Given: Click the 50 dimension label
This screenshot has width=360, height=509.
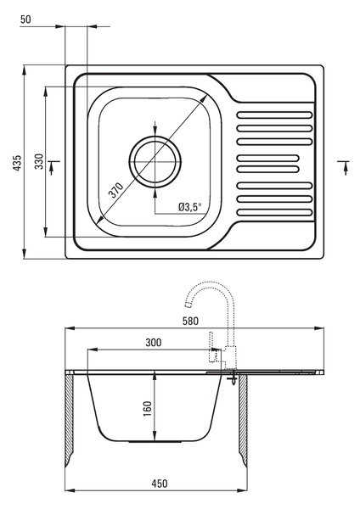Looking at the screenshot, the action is click(25, 20).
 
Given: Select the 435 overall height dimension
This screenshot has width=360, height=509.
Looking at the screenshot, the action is click(17, 163).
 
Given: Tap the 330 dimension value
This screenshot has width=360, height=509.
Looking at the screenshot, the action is click(39, 161).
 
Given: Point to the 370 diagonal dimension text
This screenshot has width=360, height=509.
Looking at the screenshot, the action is click(116, 190).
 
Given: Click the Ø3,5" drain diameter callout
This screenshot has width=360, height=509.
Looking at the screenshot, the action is click(190, 207).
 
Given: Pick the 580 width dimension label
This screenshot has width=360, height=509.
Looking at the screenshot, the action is click(190, 321).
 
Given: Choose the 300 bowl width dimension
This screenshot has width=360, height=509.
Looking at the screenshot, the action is click(154, 343).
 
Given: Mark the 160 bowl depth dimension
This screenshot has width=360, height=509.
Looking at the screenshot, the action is click(148, 409).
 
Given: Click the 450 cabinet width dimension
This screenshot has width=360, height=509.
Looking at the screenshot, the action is click(160, 484).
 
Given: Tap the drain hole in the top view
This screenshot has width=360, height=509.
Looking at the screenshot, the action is click(155, 162).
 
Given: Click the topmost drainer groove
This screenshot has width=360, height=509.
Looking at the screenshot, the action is click(274, 115).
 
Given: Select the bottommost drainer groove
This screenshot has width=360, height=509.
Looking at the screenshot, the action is click(274, 213).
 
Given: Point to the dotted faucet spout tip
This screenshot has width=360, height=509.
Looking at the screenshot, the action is click(188, 305).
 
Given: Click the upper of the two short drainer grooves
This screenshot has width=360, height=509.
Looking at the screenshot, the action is click(268, 158).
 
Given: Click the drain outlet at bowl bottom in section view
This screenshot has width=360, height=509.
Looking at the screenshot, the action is click(155, 442).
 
